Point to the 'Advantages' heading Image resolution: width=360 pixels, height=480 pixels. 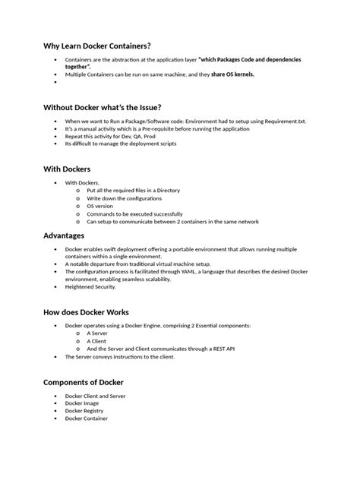pyautogui.click(x=64, y=235)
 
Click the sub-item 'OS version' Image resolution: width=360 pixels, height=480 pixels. pyautogui.click(x=99, y=206)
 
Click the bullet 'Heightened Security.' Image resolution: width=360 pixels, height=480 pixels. pyautogui.click(x=90, y=286)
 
